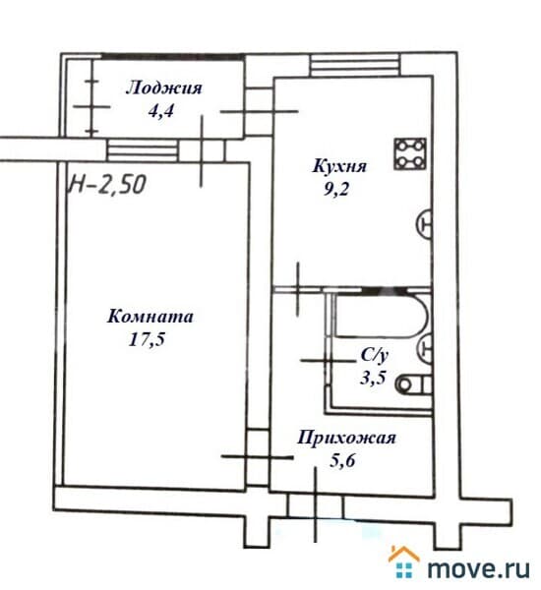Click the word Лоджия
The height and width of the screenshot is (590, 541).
point(163,88)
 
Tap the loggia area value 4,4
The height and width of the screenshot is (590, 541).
point(161,111)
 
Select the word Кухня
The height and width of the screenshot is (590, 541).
point(339,166)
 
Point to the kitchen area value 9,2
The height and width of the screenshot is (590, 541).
point(336,189)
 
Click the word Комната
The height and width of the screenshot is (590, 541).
point(150,317)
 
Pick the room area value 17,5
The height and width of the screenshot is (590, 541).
point(148,339)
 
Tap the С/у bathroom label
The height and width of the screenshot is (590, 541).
point(374,356)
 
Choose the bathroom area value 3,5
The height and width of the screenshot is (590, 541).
point(373,378)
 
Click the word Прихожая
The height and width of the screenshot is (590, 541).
point(346,439)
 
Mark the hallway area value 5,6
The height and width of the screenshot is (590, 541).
point(342,460)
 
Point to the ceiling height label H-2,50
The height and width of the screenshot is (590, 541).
point(107,185)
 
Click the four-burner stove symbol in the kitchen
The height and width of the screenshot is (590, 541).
point(410,153)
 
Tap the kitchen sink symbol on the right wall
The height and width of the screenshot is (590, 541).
point(424,224)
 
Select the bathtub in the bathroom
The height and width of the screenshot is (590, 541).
point(382,317)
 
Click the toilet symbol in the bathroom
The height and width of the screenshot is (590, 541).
point(413,384)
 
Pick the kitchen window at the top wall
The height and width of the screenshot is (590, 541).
point(355,65)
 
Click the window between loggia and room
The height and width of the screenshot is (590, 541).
point(143,150)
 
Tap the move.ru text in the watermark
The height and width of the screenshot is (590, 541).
point(479,568)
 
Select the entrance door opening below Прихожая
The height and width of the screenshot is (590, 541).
point(316,505)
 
